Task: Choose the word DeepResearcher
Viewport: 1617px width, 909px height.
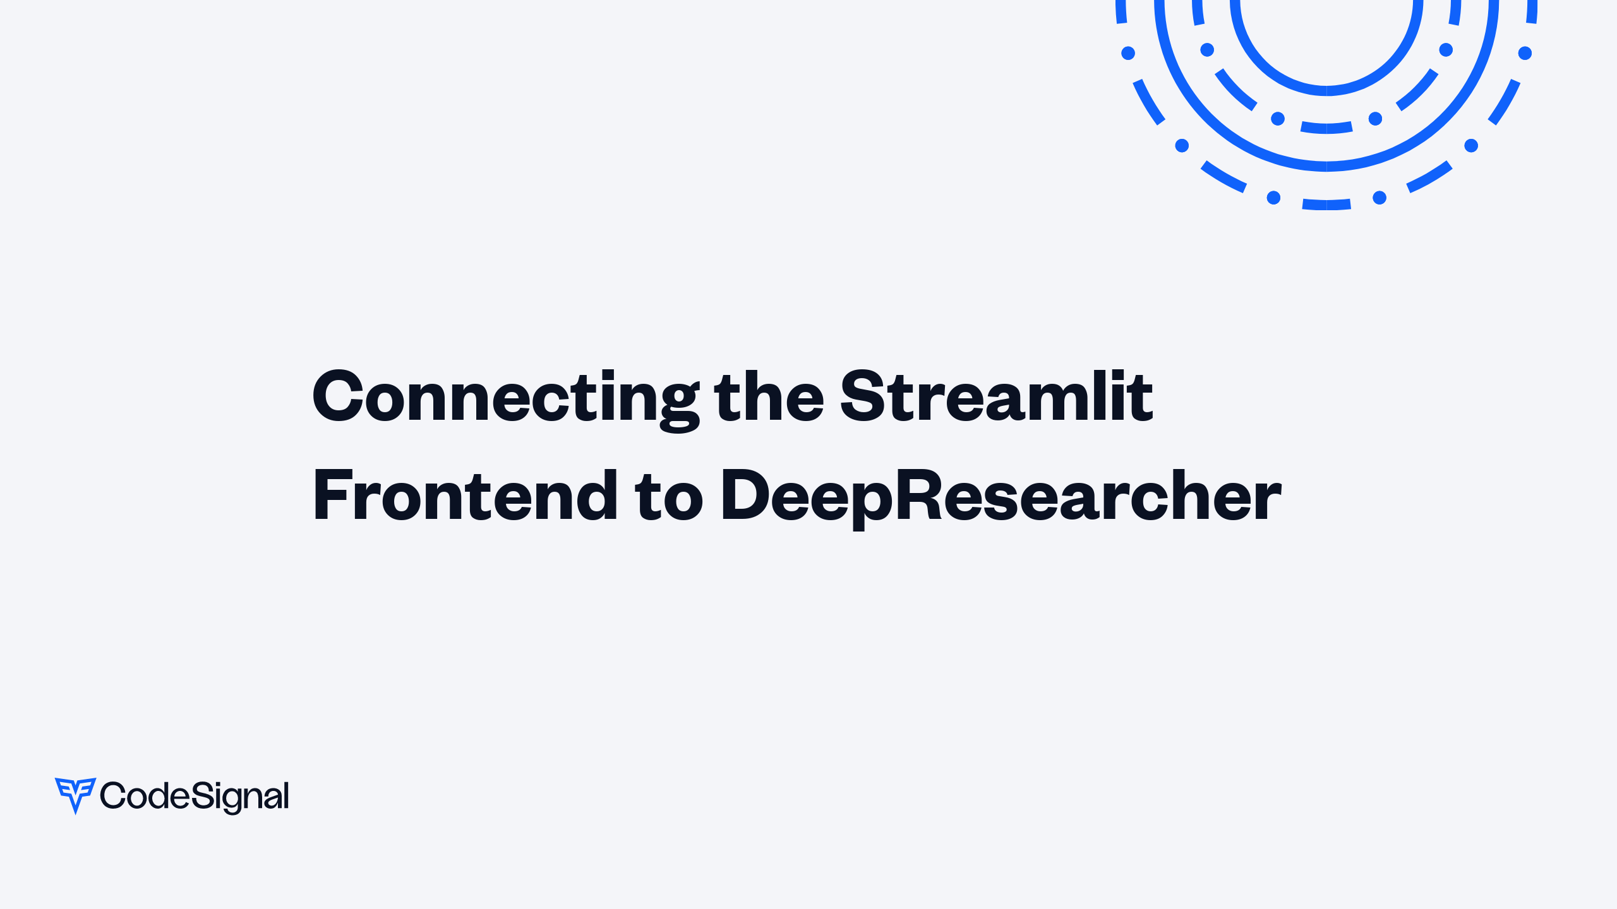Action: tap(1001, 497)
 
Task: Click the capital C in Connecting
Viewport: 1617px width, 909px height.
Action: tap(339, 396)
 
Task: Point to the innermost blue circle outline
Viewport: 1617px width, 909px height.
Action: tap(1326, 90)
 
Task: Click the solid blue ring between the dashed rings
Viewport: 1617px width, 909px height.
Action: tap(1326, 166)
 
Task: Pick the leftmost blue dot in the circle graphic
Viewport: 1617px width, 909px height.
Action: tap(1128, 53)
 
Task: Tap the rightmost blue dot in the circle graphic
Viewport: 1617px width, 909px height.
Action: tap(1525, 53)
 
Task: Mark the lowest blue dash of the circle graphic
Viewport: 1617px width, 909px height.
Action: tap(1326, 205)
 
